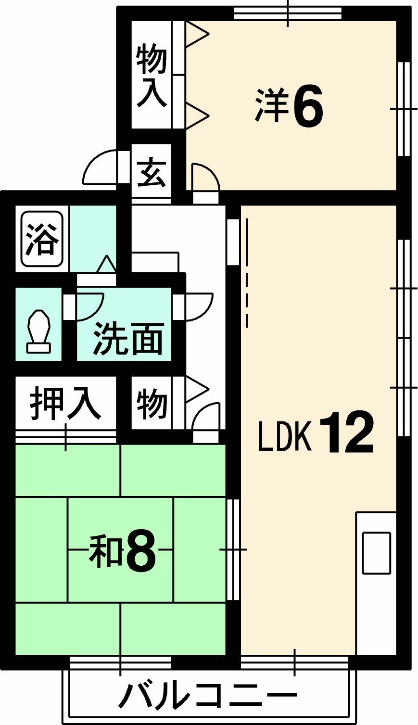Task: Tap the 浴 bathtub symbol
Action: [x=42, y=239]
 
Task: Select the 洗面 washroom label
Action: [x=128, y=338]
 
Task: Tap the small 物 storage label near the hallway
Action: [x=152, y=403]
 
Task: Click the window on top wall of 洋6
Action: [x=288, y=13]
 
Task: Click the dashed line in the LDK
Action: [x=248, y=272]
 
